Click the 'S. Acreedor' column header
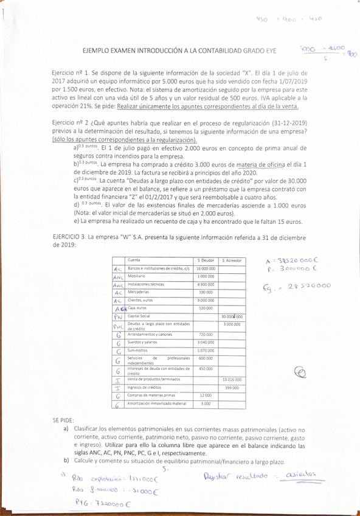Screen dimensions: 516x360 [x=230, y=260]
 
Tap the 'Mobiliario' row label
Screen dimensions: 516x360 [x=137, y=276]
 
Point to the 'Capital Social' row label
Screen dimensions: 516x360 [x=139, y=316]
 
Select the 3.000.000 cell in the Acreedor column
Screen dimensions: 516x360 [x=231, y=324]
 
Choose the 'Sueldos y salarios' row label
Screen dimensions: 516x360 [x=142, y=343]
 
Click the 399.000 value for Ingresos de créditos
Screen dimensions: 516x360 [x=232, y=388]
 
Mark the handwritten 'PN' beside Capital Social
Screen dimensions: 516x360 [x=119, y=316]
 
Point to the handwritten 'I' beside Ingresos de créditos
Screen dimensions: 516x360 [x=119, y=388]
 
